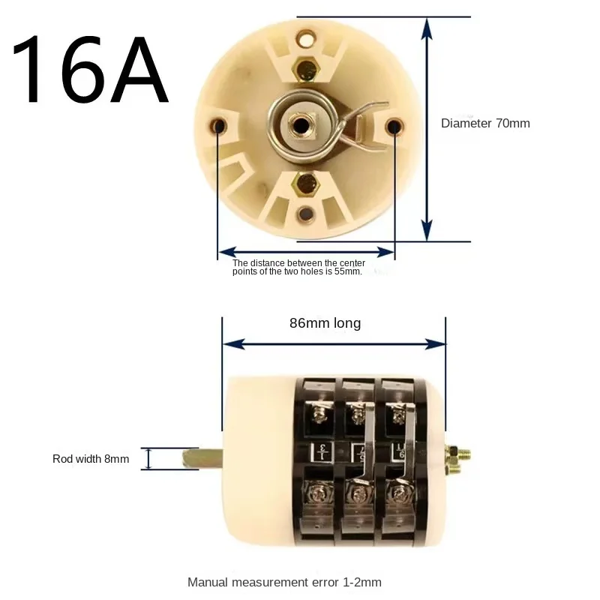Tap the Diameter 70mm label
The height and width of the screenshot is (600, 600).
(484, 123)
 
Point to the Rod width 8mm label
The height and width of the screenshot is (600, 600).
(91, 458)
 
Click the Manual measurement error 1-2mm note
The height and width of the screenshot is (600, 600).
(284, 581)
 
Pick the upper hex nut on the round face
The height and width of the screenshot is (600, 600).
(305, 68)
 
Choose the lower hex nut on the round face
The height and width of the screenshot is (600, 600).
(305, 182)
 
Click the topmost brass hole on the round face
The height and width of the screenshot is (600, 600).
(306, 36)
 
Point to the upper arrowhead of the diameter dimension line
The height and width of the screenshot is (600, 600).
(427, 28)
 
